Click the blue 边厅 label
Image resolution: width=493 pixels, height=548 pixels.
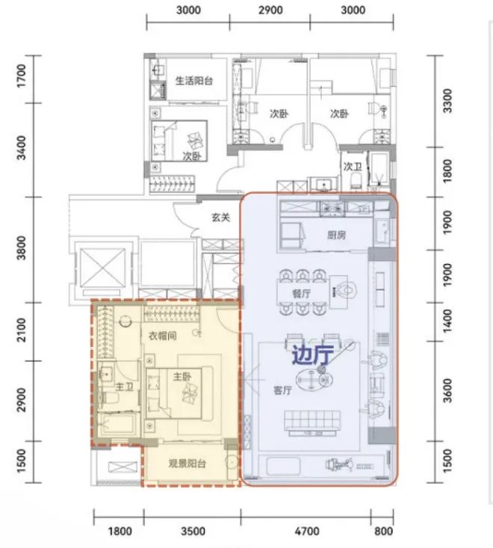[313, 355]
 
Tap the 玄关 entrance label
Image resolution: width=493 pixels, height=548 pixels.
[220, 218]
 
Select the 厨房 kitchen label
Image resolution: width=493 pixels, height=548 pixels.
[337, 235]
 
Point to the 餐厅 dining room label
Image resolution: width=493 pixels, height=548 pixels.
[301, 293]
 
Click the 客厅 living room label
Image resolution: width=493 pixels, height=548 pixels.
[282, 390]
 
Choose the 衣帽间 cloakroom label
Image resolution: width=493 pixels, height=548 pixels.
[162, 336]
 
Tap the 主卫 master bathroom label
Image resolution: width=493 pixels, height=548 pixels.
[124, 387]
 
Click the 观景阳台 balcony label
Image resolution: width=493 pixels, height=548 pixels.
[187, 464]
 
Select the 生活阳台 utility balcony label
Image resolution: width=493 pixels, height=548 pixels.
[193, 81]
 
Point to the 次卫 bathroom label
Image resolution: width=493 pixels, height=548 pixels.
[353, 167]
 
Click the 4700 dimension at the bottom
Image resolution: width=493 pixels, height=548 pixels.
[307, 532]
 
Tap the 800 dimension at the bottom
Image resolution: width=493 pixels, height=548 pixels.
[383, 532]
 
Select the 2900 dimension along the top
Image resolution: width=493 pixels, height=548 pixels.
[270, 10]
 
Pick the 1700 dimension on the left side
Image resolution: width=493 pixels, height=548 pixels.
[22, 76]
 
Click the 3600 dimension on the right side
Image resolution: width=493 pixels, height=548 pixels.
[447, 390]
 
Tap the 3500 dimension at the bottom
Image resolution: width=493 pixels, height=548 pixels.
[193, 532]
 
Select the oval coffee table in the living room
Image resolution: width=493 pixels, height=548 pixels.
[311, 379]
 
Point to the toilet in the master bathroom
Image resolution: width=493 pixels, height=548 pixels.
[108, 398]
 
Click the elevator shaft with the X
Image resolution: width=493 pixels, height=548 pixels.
[102, 268]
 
